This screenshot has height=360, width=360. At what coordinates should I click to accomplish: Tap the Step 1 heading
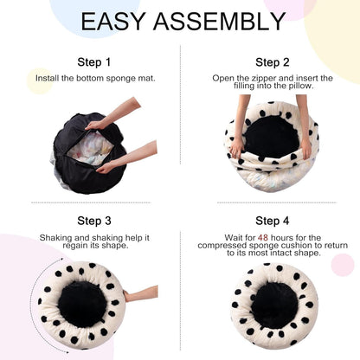pyautogui.click(x=93, y=62)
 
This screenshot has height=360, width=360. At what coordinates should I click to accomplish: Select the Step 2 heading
pyautogui.click(x=273, y=62)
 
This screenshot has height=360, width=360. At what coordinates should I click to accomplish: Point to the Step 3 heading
pyautogui.click(x=93, y=221)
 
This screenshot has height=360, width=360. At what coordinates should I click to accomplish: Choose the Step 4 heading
pyautogui.click(x=273, y=221)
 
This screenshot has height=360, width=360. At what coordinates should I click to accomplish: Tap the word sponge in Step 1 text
pyautogui.click(x=120, y=78)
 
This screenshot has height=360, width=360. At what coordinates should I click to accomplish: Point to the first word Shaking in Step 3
pyautogui.click(x=55, y=237)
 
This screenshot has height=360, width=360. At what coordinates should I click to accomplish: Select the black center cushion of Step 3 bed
pyautogui.click(x=81, y=303)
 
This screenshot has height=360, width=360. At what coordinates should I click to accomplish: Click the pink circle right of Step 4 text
pyautogui.click(x=342, y=265)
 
